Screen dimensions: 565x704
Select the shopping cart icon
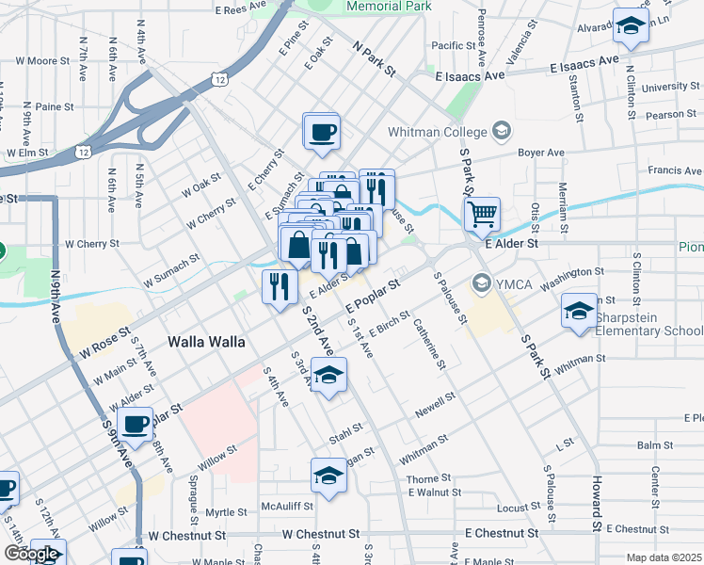coord(482,214)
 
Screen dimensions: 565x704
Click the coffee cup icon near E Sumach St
coord(321,131)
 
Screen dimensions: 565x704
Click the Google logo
coord(30,554)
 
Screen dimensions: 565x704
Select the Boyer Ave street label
coord(542,152)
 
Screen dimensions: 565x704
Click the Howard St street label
coord(597,503)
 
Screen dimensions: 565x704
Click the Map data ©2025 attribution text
coord(664,557)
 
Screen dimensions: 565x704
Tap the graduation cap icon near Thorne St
coord(329,476)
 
